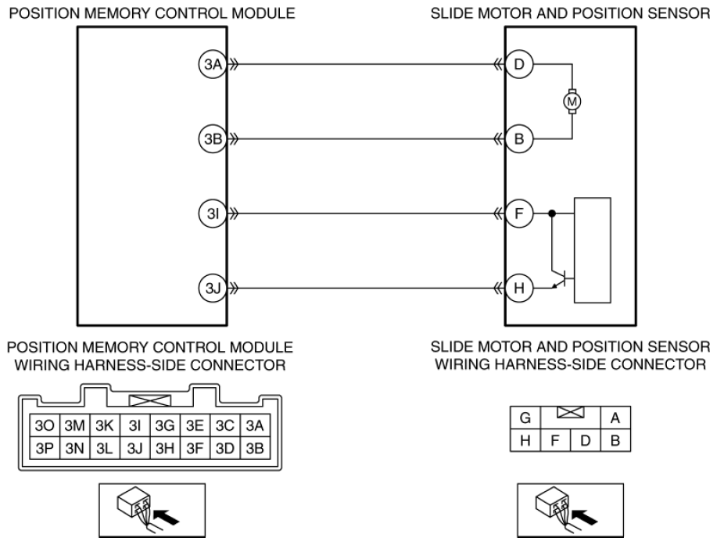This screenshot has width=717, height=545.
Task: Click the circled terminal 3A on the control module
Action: coord(213,64)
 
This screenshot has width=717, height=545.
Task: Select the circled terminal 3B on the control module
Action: coord(213,138)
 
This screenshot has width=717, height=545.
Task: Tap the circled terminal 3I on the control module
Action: coord(213,213)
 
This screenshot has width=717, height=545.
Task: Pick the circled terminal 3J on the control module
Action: coord(213,288)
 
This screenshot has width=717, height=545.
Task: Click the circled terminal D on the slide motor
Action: coord(519,64)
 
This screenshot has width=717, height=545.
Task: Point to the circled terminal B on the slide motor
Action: coord(519,138)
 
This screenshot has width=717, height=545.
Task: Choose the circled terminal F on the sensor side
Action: coord(519,213)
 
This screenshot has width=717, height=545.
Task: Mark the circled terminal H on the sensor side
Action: coord(519,288)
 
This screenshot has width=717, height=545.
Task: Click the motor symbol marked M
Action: coord(572,101)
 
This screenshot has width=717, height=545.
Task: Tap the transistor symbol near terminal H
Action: coord(560,278)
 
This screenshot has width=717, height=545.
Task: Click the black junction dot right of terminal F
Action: coord(552,213)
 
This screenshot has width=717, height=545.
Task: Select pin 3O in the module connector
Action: coord(45,425)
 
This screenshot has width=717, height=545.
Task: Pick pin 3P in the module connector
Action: coord(45,448)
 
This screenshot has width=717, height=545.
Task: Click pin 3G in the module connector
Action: coord(165,425)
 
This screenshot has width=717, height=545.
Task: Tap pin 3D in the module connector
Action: coord(225,448)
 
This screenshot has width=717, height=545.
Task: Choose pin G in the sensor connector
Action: coord(525,418)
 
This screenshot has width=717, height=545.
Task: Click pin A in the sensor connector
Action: coord(615,418)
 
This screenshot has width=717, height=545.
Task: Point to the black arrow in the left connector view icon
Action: coord(167,518)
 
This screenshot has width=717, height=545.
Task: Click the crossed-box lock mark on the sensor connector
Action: coord(571,412)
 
